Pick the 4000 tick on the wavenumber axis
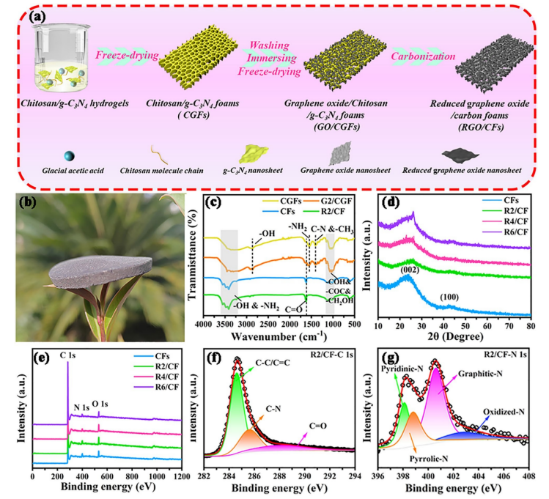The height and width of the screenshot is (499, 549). click(x=202, y=322)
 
